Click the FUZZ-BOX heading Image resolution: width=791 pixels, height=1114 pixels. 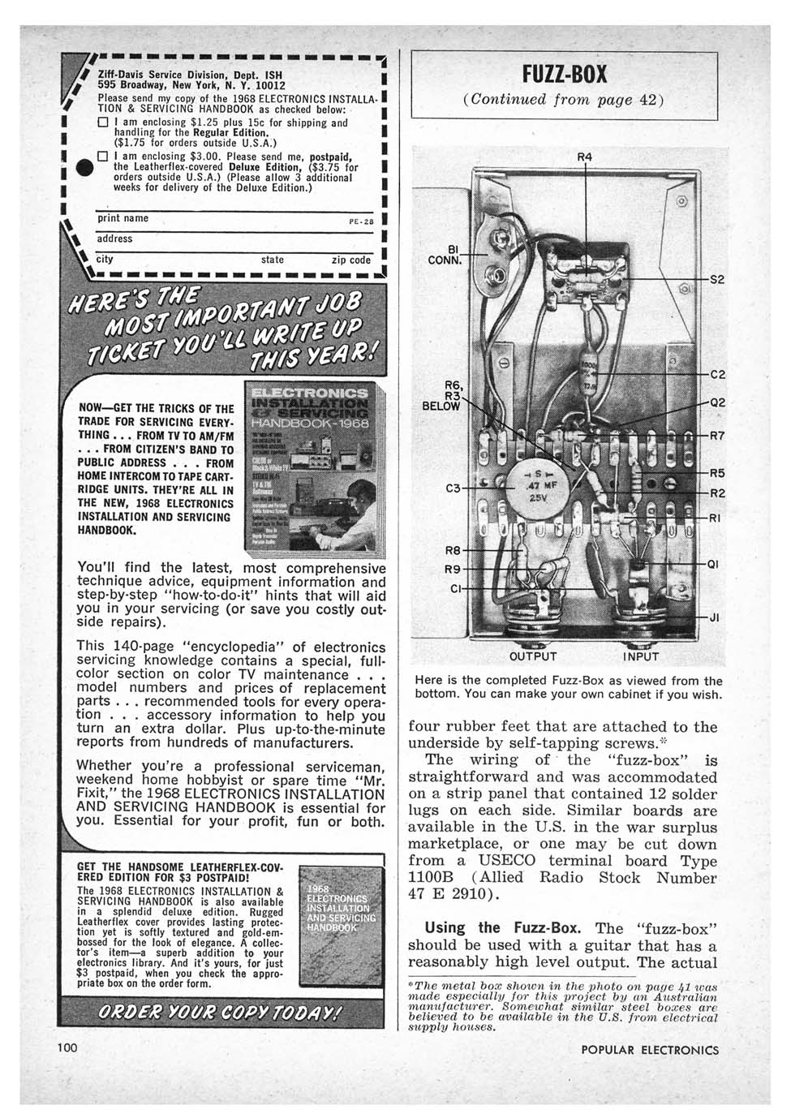[565, 75]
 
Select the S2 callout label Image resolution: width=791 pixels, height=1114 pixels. [717, 279]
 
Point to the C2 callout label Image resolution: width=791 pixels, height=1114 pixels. [717, 375]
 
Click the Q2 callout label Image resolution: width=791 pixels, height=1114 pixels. [717, 402]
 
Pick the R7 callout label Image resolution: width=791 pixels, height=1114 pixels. [717, 436]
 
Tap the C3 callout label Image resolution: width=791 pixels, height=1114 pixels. [454, 488]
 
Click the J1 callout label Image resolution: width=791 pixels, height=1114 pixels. [715, 617]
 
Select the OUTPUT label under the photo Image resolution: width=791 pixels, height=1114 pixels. [532, 656]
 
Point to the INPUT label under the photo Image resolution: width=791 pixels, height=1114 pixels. [641, 656]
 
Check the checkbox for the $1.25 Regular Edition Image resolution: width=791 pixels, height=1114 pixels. [103, 123]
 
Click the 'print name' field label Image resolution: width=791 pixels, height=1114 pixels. [123, 218]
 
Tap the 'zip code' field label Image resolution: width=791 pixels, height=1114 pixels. [351, 260]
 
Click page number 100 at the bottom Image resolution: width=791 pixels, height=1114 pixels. [67, 1047]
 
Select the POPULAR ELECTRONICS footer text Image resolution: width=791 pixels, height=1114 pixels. [650, 1049]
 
